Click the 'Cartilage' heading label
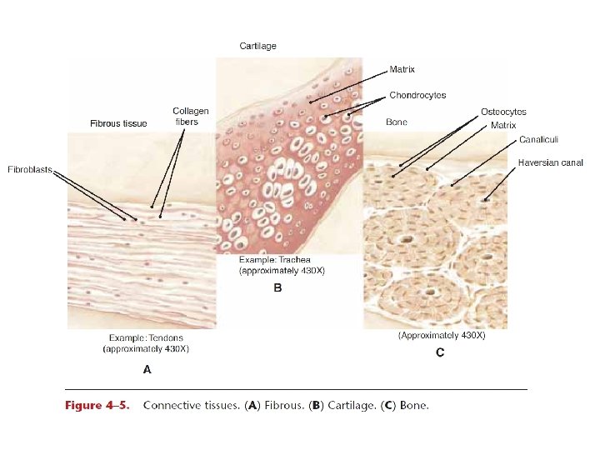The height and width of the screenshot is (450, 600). pos(257,46)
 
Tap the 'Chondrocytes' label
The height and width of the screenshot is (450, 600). pos(417,95)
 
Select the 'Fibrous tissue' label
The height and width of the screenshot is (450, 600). pos(118,123)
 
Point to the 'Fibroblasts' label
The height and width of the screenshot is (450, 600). pos(30,169)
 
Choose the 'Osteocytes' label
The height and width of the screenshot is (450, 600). pos(503,112)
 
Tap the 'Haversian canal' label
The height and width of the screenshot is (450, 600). pos(550,162)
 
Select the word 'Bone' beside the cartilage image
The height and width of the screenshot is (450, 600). pos(397,122)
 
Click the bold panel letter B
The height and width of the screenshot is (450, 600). pos(277,288)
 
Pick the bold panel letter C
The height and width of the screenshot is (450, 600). pos(440,352)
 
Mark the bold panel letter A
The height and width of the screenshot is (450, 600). pos(147,367)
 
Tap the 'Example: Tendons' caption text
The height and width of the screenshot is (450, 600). pos(147,338)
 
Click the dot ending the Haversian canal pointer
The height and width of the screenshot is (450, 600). pos(485,199)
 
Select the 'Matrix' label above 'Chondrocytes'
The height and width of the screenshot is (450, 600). pos(402,69)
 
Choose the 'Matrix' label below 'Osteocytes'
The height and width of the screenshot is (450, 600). pos(503,125)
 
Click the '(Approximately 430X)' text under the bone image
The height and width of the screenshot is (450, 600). pos(441,335)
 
